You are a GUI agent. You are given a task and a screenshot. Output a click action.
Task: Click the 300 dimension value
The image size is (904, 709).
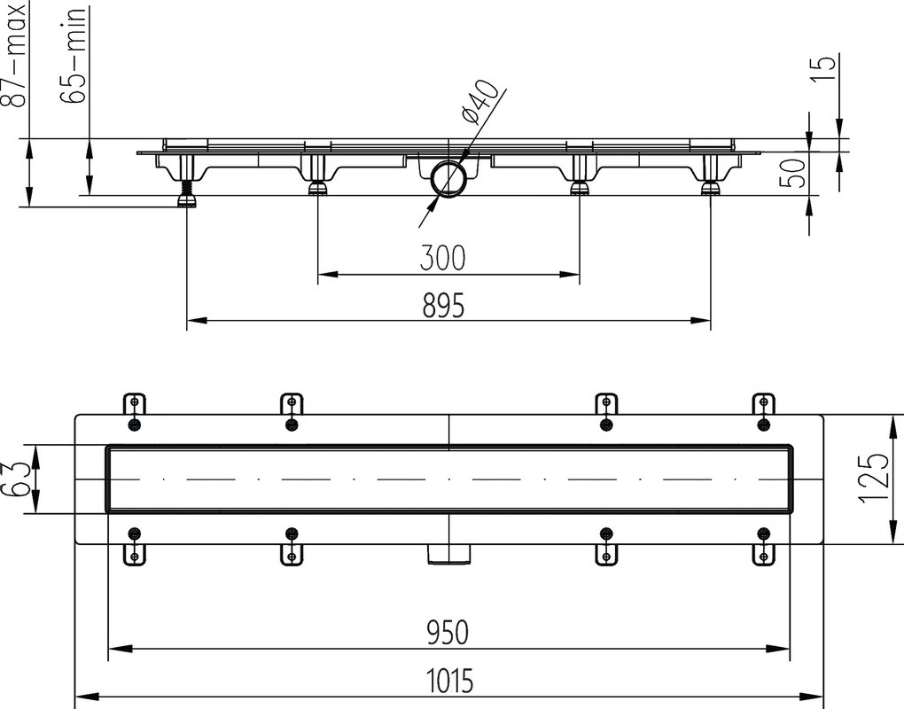(x=443, y=258)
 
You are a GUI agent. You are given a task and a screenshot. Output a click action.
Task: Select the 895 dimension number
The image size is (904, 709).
(x=443, y=305)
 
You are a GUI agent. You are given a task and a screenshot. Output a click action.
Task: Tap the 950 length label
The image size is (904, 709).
(x=448, y=632)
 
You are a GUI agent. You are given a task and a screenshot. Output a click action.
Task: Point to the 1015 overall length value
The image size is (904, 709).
(x=449, y=680)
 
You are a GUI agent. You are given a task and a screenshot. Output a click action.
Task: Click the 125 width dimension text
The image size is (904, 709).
(x=874, y=479)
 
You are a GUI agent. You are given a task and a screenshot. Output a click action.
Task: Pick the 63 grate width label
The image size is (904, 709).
(x=15, y=479)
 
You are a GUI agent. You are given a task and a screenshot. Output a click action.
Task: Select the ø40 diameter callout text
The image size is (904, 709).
(x=479, y=101)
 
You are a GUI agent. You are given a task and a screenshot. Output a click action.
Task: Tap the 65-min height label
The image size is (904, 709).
(x=74, y=55)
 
